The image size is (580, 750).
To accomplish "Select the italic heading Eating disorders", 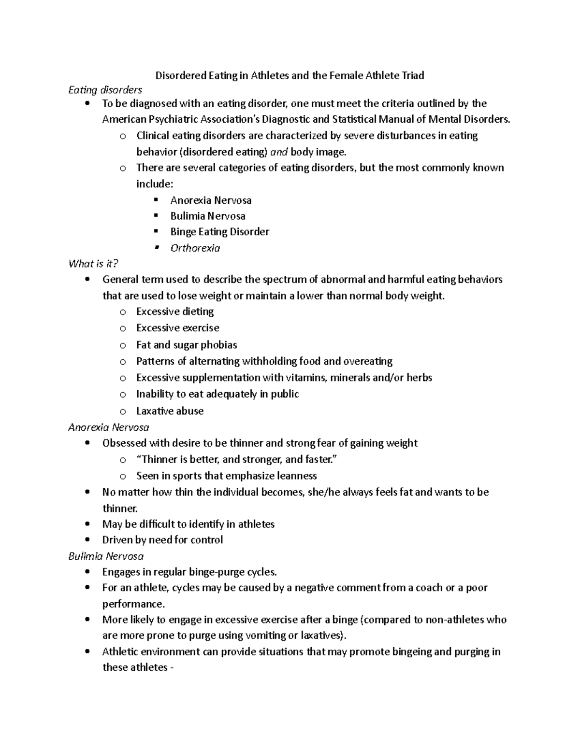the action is coord(105,90).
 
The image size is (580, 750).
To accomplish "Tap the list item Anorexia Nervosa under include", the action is coord(211,200).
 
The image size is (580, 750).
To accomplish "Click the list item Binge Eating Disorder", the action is coord(219,232).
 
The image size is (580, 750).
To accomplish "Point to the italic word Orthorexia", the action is coord(195,248).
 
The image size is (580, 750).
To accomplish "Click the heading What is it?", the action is coord(93,264).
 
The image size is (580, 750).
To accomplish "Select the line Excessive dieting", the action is coord(175,311).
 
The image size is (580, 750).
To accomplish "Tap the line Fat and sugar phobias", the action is coord(187,345).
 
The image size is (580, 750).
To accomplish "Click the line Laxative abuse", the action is coord(170,411).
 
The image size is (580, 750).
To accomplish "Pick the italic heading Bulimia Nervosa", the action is coord(106,556).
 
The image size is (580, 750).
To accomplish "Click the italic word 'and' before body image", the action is coord(279,152).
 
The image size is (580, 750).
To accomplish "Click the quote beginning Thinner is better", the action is coord(237,459).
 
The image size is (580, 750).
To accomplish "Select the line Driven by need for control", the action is coord(162,539).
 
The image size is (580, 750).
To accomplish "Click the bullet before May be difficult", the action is coord(87,524).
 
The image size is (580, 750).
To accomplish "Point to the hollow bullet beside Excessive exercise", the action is coord(123,328).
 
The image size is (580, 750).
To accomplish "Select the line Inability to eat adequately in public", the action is coord(217,394).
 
